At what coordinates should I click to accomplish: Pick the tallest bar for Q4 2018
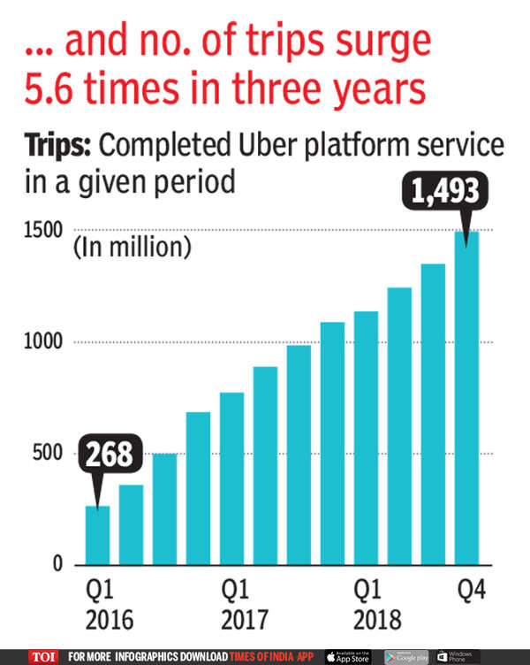(x=466, y=398)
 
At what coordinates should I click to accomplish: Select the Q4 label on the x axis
(x=467, y=589)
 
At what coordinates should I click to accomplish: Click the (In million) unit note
(x=132, y=248)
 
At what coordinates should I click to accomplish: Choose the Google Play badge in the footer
(x=407, y=656)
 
